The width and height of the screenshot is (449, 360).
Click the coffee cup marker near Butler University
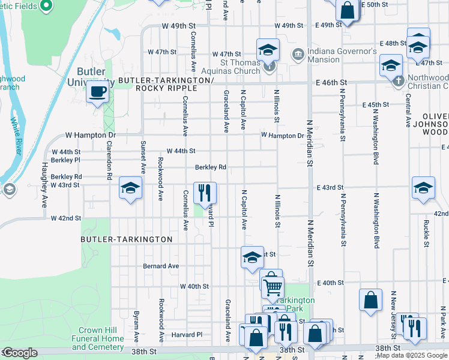pyautogui.click(x=97, y=92)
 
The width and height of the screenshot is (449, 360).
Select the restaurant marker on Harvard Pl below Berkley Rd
pyautogui.click(x=205, y=193)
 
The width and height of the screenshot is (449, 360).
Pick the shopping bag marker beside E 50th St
pyautogui.click(x=347, y=10)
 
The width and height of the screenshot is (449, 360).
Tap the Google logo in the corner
pyautogui.click(x=20, y=353)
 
